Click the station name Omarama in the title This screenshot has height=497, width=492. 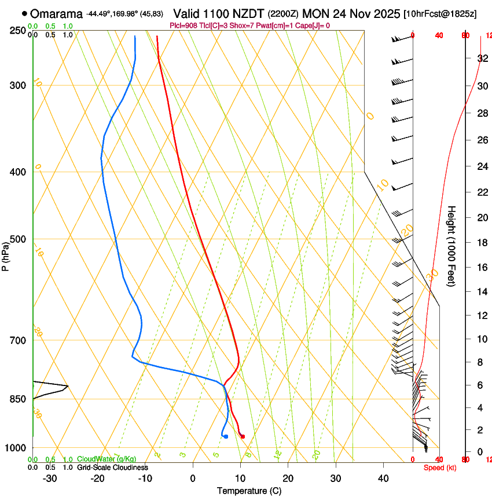(x=56, y=13)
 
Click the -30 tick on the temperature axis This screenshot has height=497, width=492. (x=50, y=479)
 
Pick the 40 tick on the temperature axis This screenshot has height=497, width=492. (x=383, y=479)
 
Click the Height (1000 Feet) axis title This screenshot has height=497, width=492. (x=451, y=246)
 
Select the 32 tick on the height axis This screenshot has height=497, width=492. (x=482, y=58)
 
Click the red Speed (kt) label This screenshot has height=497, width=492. (x=440, y=468)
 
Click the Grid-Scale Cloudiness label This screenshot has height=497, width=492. (x=112, y=468)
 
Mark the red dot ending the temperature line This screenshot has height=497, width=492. (x=243, y=436)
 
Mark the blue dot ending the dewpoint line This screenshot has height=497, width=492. (x=225, y=436)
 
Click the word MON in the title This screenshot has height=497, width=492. (x=316, y=13)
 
